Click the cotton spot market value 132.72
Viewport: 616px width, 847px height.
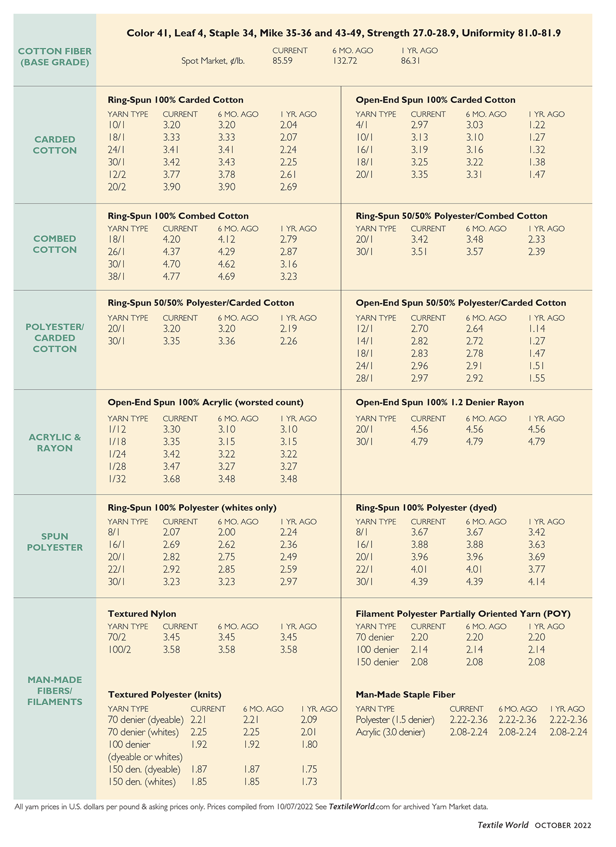click(344, 61)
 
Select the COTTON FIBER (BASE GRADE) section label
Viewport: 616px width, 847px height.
click(55, 57)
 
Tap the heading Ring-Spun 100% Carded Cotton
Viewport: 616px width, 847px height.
click(176, 100)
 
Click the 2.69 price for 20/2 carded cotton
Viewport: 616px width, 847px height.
click(288, 187)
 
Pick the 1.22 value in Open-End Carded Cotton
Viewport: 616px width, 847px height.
click(536, 125)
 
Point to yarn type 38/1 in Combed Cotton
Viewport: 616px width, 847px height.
click(117, 276)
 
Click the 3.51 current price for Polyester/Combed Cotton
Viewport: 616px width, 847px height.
click(419, 252)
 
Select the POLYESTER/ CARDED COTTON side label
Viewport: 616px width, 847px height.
click(55, 337)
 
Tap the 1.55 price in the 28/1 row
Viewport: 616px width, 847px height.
click(536, 378)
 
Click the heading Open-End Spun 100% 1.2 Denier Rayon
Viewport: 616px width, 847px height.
click(439, 402)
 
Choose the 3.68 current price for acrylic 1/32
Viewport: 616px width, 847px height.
click(171, 479)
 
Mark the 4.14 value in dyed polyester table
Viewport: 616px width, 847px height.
click(536, 581)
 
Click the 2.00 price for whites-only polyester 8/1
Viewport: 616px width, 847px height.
click(226, 532)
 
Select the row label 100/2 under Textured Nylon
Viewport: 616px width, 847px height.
click(120, 649)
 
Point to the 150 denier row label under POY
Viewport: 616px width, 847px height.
click(377, 662)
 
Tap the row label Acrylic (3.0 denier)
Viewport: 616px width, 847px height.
click(390, 732)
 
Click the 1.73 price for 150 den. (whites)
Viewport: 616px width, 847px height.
click(309, 782)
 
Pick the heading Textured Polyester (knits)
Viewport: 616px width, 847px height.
click(165, 694)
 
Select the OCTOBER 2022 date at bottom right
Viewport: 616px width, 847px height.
click(563, 825)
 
